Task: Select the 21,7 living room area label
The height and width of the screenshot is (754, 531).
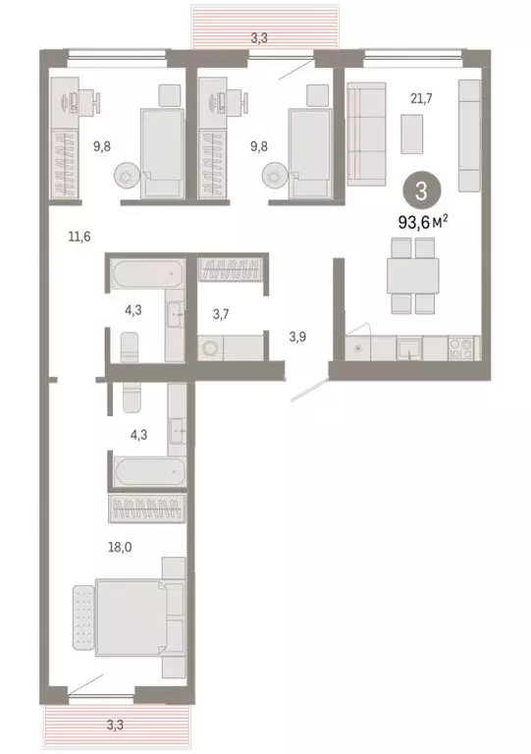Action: click(x=423, y=97)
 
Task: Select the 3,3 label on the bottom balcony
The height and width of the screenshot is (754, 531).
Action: click(x=115, y=726)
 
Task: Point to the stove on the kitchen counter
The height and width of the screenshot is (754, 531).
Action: click(x=458, y=346)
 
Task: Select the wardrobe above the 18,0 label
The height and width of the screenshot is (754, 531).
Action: click(x=147, y=510)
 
